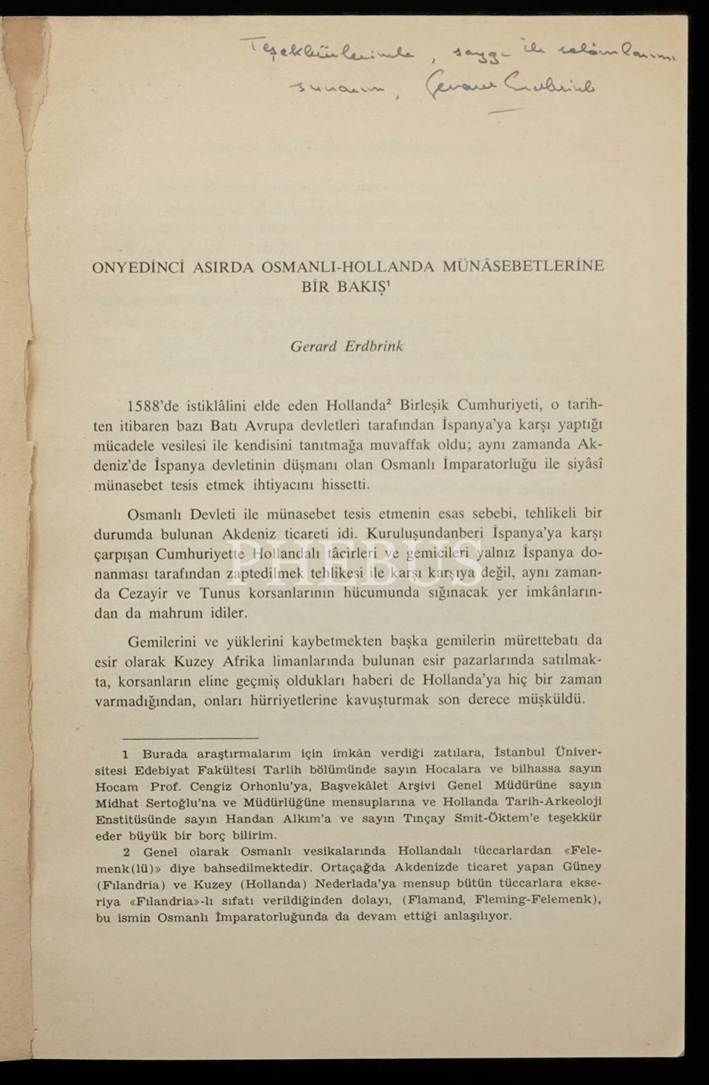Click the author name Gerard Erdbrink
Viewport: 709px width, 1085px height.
coord(347,346)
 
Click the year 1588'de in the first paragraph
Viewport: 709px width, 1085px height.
coord(157,405)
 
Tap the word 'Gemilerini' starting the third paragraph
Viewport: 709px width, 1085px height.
coord(161,641)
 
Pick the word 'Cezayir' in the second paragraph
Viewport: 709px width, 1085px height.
coord(143,593)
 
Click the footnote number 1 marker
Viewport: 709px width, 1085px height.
coord(126,753)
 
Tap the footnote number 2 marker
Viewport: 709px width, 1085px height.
coord(126,851)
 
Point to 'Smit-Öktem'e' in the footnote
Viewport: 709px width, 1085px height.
coord(492,818)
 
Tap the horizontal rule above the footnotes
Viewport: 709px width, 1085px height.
coord(180,739)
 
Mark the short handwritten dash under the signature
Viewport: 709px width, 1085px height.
coord(506,111)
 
